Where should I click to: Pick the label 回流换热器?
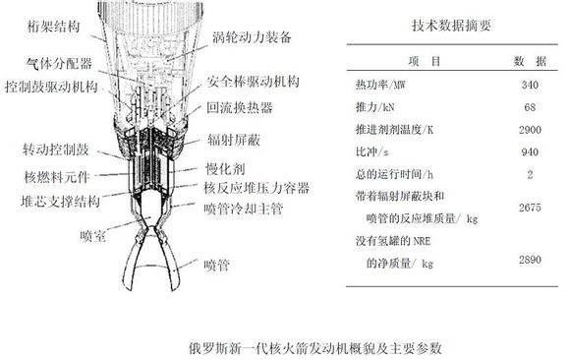(x=242, y=105)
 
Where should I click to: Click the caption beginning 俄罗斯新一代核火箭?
(x=283, y=348)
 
